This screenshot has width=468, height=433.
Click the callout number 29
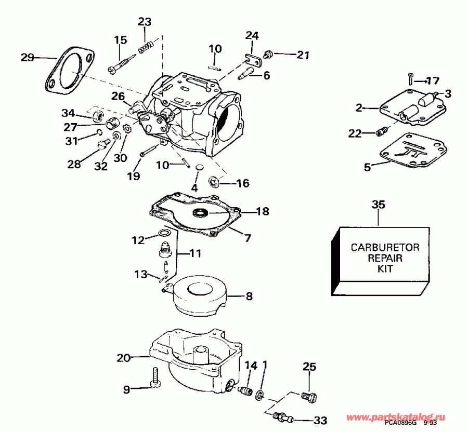pyautogui.click(x=28, y=57)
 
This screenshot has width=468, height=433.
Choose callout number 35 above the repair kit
pyautogui.click(x=378, y=205)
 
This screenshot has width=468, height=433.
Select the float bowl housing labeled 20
pyautogui.click(x=192, y=358)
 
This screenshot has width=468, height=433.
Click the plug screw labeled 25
pyautogui.click(x=308, y=396)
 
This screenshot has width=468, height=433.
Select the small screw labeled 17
pyautogui.click(x=410, y=79)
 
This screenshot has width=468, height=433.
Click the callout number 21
pyautogui.click(x=303, y=55)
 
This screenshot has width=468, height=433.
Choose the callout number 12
pyautogui.click(x=137, y=240)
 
